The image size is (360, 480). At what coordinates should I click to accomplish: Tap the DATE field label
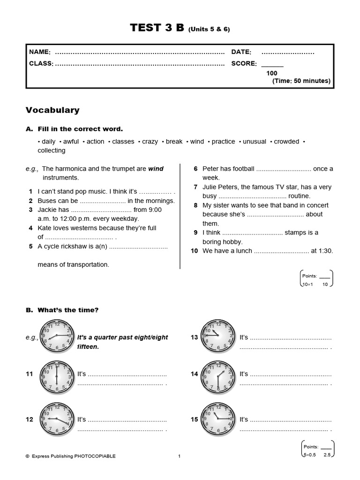tap(241, 52)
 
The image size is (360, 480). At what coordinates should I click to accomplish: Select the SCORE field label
tap(244, 63)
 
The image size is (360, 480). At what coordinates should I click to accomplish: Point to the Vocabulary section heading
tap(52, 110)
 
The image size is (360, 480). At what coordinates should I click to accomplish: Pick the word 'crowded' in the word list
tap(286, 142)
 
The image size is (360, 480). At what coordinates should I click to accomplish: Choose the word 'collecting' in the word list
tap(52, 150)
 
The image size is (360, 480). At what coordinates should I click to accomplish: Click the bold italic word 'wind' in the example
tap(156, 169)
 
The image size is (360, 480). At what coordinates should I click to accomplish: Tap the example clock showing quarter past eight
tap(57, 337)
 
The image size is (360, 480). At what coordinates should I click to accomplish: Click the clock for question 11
tap(57, 377)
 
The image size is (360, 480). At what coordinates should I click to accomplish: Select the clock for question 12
tap(57, 419)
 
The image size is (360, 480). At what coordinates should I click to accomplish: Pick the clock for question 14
tap(218, 377)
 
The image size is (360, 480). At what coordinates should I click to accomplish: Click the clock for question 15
tap(218, 419)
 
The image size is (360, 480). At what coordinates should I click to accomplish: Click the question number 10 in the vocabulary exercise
tap(194, 251)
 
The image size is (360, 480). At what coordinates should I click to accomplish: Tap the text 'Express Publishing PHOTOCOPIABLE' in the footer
tap(74, 456)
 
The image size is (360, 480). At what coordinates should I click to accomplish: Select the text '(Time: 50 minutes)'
tap(301, 81)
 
